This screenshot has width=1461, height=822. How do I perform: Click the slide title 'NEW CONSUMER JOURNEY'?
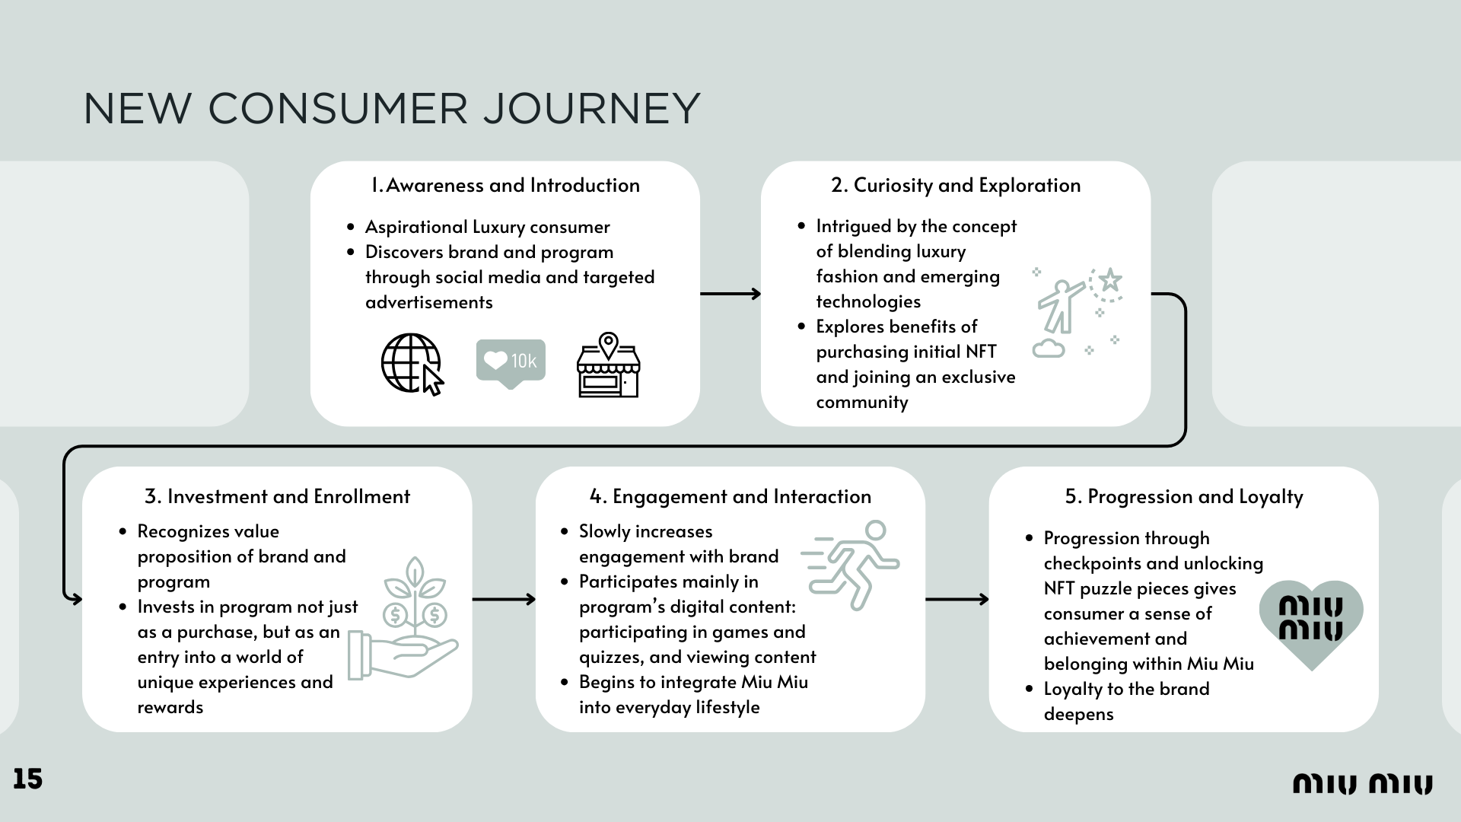click(391, 108)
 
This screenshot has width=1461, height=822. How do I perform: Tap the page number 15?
click(27, 779)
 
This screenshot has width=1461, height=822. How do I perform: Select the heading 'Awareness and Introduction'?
click(505, 185)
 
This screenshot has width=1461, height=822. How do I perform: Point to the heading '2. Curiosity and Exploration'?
click(956, 185)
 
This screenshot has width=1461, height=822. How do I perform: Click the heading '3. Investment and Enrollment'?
click(277, 496)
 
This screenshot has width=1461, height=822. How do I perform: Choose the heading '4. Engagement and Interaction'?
click(730, 496)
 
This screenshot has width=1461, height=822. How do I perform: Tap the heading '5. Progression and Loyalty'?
click(1184, 497)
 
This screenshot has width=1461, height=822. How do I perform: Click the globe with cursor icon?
click(412, 365)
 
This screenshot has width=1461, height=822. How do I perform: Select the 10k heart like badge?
click(511, 364)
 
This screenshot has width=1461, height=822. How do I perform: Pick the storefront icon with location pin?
click(608, 365)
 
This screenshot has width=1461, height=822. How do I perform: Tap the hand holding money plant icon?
click(403, 618)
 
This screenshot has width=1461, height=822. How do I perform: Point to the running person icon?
click(850, 565)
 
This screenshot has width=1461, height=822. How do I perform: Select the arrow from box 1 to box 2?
click(730, 294)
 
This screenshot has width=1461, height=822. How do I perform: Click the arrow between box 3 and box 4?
click(504, 599)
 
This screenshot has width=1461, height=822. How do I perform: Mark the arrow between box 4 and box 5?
click(957, 599)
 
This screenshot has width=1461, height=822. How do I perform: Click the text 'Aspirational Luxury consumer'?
click(487, 227)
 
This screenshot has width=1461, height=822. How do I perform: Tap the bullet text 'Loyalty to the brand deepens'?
click(1126, 701)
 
